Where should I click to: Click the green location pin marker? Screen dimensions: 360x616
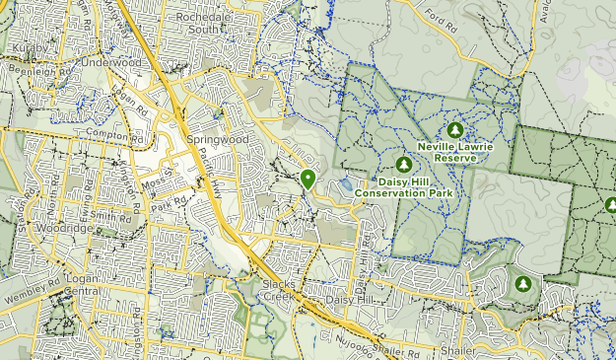coord(308,179)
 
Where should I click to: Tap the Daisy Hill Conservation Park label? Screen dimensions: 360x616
coord(415,187)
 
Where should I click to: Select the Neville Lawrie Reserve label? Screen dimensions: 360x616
coord(454,151)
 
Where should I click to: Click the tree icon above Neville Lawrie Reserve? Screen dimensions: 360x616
coord(454,129)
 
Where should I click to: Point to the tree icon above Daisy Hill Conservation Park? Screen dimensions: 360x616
coord(402,164)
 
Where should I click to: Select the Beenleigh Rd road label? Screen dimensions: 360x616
coord(41,72)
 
